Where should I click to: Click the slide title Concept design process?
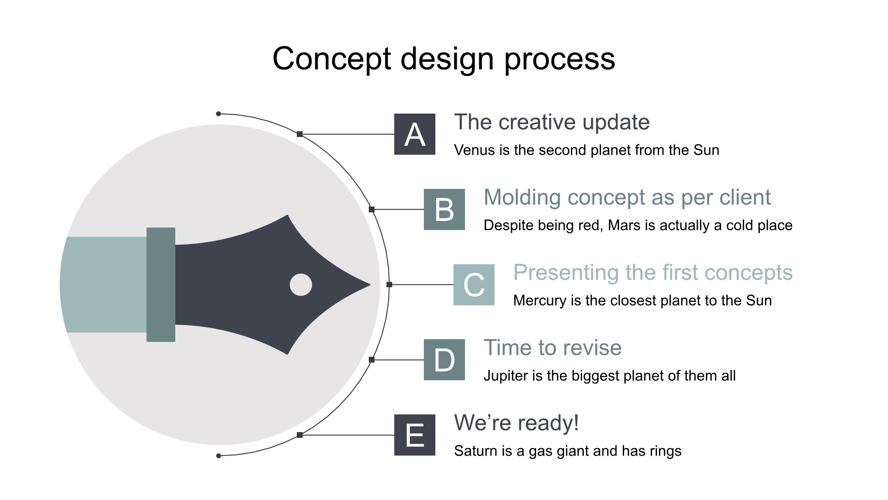[444, 59]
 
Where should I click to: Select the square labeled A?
[415, 134]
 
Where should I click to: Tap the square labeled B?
[444, 209]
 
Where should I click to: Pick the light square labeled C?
[474, 285]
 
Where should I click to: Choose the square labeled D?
[444, 360]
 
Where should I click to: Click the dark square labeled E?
[415, 435]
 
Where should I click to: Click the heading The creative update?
[552, 122]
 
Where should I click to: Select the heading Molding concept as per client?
[627, 198]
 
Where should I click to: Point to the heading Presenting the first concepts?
[653, 272]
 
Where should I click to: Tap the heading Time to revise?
[553, 348]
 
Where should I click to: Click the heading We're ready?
[517, 423]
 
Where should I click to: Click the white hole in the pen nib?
[301, 285]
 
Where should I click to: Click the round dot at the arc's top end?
[218, 114]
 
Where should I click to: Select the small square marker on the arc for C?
[389, 284]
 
